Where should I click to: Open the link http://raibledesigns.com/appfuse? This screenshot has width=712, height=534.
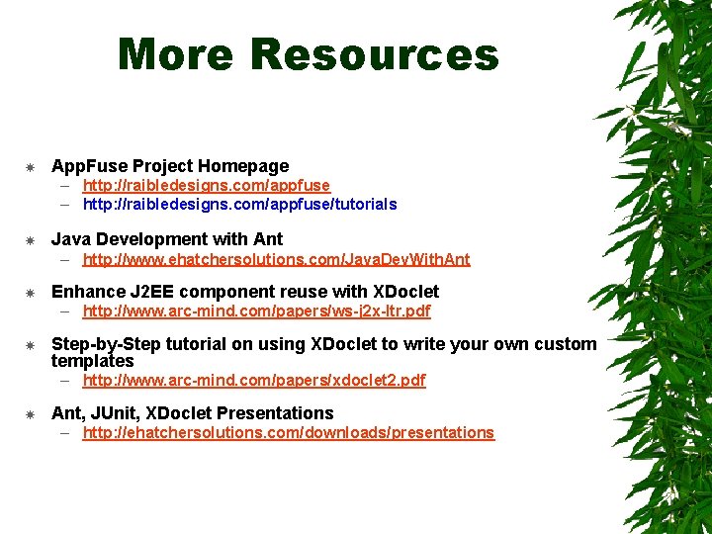pos(206,185)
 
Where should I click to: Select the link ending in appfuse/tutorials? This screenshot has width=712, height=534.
pos(239,205)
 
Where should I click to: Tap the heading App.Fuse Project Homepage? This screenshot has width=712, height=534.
pos(170,166)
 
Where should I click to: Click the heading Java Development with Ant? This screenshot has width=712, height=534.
pos(167,239)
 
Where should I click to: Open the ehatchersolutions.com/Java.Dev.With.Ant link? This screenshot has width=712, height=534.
pos(276,260)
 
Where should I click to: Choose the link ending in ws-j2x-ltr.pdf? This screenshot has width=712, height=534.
pos(256,311)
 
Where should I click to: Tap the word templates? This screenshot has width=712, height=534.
pos(92,361)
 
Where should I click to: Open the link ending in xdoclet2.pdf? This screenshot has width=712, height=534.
pos(254,381)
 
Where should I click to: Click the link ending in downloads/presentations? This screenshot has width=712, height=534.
pos(288,433)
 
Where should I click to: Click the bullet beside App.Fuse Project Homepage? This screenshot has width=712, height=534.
pos(31,166)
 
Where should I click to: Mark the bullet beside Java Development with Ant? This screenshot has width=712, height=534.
pos(31,239)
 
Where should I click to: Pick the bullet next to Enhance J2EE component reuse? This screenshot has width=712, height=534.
pos(31,292)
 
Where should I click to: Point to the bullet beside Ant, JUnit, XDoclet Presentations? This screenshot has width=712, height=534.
pos(31,413)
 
